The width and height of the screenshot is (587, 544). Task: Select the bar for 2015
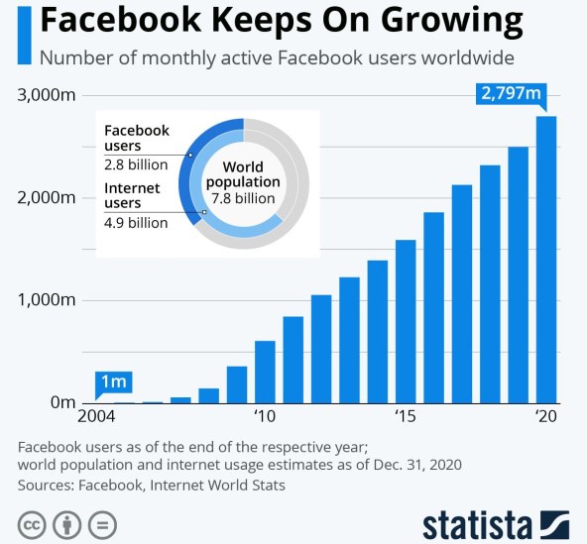406,321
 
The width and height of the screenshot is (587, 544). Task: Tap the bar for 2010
265,372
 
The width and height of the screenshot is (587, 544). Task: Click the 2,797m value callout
511,95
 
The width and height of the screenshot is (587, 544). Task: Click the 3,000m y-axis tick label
49,95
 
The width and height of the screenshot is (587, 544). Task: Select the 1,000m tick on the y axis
49,300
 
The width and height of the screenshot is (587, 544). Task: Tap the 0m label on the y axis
62,402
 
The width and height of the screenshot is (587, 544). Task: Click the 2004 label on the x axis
96,417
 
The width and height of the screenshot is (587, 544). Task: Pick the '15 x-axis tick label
405,417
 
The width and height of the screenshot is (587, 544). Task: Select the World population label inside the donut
243,175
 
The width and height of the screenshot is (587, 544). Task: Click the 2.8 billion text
136,163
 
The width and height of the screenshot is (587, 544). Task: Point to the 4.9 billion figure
136,222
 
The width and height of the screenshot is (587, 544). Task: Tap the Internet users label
129,195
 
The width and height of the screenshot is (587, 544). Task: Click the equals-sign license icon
102,523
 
